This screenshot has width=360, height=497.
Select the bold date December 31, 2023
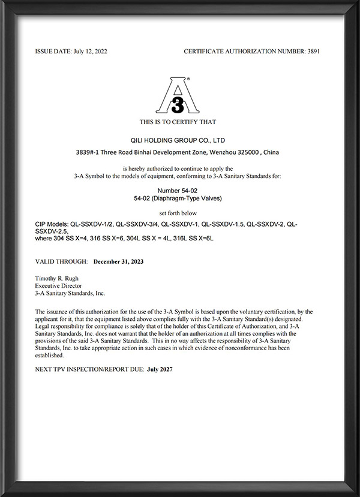(x=118, y=262)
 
